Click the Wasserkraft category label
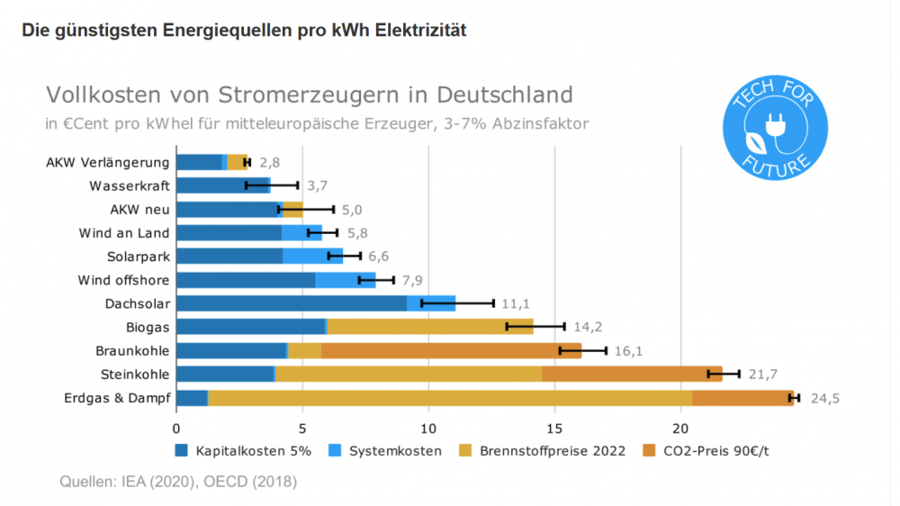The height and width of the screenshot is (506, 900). (130, 186)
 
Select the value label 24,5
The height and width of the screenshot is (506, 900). (824, 398)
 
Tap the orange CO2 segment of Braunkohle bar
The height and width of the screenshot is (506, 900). (450, 350)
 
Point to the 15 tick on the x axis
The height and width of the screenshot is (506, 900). (554, 429)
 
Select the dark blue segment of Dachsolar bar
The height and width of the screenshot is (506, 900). (291, 303)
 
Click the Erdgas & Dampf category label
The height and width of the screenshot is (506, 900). (116, 398)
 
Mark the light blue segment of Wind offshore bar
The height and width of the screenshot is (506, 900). (345, 280)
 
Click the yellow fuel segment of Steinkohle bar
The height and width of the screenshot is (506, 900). (408, 374)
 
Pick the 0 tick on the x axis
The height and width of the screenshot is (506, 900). (176, 429)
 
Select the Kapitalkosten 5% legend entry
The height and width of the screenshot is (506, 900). (245, 450)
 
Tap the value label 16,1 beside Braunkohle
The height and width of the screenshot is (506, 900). (630, 350)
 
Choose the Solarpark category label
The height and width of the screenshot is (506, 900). (137, 257)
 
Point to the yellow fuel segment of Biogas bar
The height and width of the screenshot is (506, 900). (428, 327)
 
